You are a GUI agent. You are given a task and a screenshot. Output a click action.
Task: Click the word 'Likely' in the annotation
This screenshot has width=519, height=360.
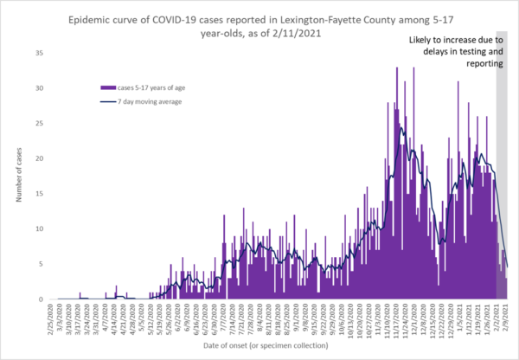point(424,40)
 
